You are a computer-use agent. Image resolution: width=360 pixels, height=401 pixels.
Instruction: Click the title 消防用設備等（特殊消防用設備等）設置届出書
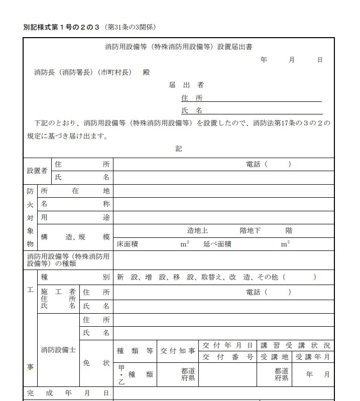tap(179, 47)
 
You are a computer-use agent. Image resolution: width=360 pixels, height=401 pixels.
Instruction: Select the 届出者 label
tap(186, 85)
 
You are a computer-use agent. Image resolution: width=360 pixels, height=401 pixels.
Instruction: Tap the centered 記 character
tap(179, 149)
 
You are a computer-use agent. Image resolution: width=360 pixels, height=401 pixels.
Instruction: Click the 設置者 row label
tap(37, 171)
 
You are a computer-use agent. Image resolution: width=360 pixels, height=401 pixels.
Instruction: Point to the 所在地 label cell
tap(75, 191)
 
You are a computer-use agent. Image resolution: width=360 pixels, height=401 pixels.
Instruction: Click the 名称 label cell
tap(75, 204)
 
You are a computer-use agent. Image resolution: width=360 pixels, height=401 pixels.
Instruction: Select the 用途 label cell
tap(75, 218)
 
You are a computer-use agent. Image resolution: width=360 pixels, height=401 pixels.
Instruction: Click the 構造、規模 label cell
tap(75, 237)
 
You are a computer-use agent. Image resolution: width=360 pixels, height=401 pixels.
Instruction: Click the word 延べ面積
tap(217, 244)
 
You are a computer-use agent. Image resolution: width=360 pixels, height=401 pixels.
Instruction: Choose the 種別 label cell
tap(75, 277)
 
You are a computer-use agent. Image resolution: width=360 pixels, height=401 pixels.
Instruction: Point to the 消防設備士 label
tap(58, 349)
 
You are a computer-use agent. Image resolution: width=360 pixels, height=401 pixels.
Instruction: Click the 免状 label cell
tap(96, 363)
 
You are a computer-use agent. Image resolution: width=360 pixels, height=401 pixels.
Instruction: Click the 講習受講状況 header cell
tap(296, 345)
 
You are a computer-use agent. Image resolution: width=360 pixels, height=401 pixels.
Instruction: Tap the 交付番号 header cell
tap(228, 357)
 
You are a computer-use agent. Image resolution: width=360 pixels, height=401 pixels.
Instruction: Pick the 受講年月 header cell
tap(313, 357)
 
